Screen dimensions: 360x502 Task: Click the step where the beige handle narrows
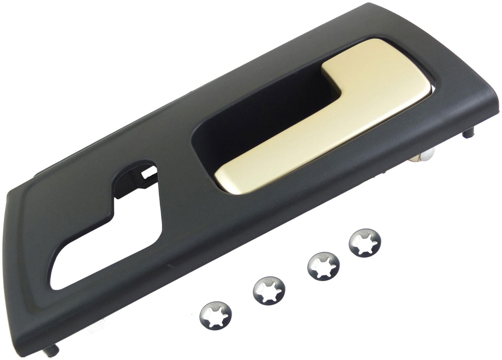tap(334, 104)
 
